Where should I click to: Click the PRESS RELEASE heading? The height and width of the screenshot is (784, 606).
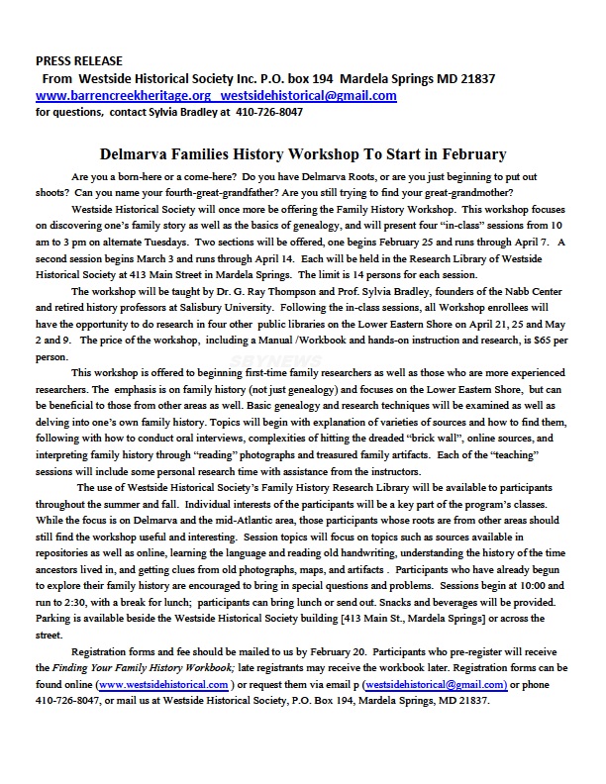coord(74,60)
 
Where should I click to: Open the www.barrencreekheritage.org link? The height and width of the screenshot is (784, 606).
coord(124,96)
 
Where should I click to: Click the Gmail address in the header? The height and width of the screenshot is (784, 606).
coord(309,96)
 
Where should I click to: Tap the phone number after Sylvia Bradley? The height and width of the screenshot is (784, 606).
coord(269,112)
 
